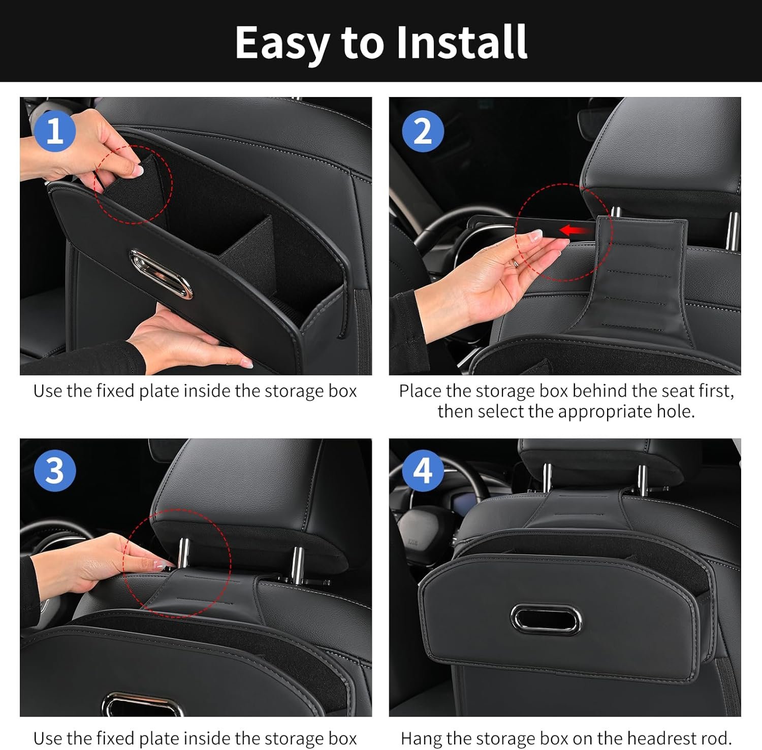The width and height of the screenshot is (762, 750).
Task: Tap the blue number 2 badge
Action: (x=423, y=131)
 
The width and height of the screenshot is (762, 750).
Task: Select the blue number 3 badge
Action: (x=55, y=470)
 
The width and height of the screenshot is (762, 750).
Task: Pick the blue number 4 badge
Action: (x=423, y=470)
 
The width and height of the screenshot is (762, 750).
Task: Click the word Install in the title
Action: (x=462, y=42)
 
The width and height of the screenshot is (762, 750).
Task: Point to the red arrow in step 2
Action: (x=577, y=231)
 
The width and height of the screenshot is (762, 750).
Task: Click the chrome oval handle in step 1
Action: (x=161, y=274)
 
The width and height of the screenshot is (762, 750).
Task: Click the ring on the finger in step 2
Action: (x=516, y=263)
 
